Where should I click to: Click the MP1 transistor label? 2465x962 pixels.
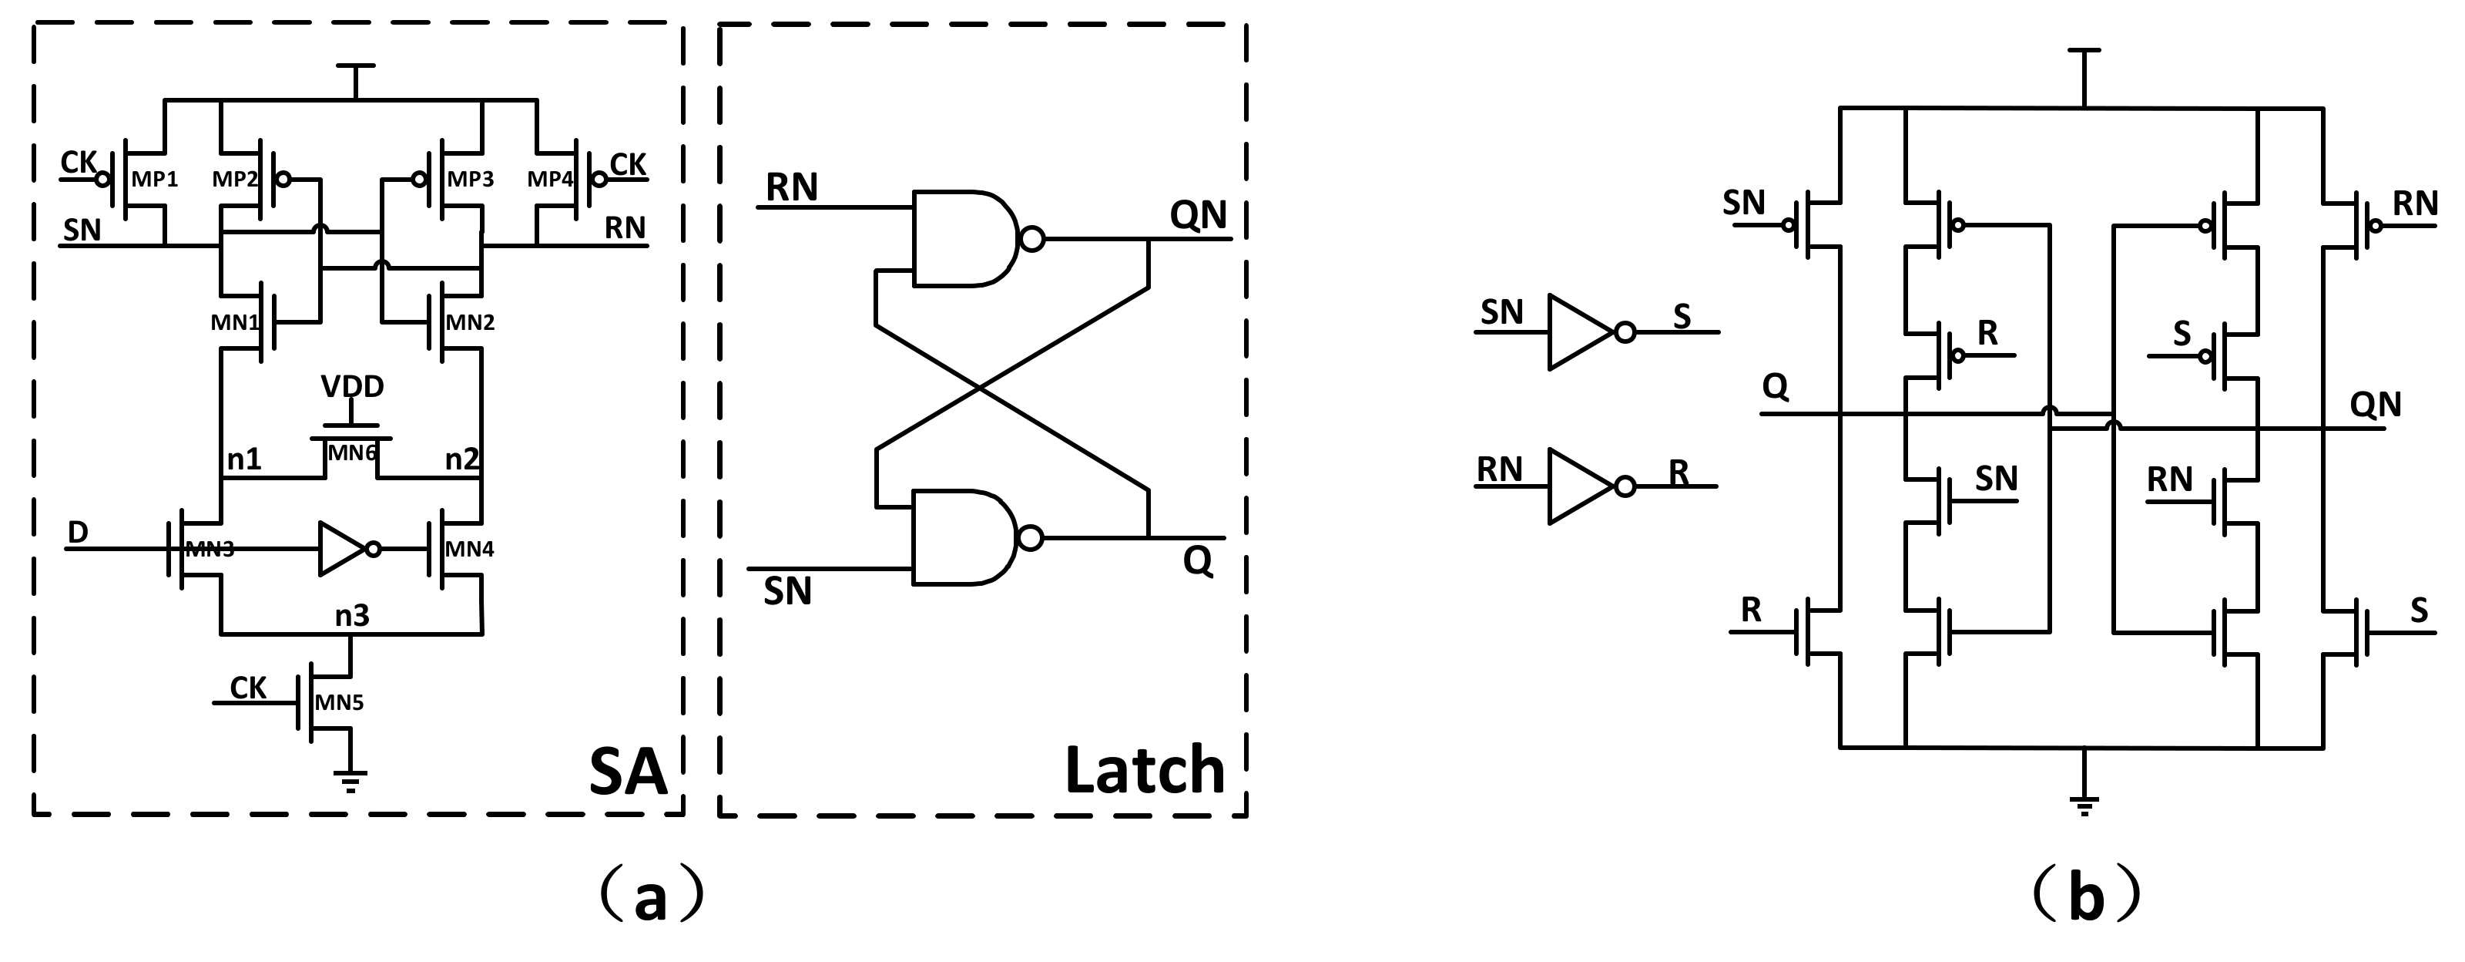(154, 180)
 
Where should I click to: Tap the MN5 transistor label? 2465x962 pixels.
(339, 702)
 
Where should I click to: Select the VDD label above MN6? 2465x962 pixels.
(352, 387)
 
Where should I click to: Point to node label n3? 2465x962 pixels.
(351, 614)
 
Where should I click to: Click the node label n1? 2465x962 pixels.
(244, 459)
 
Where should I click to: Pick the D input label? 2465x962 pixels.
(78, 532)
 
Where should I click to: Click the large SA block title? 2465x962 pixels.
(627, 772)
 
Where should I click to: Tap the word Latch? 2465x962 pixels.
(1145, 771)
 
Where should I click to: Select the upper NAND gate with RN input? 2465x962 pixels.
(967, 238)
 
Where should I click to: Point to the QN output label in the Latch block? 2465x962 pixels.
(1198, 215)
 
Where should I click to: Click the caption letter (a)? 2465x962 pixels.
(651, 896)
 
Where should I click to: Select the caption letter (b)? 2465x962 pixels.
(2085, 896)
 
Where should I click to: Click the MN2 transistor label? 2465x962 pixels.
(470, 322)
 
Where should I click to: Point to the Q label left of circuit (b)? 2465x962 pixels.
(1775, 387)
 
